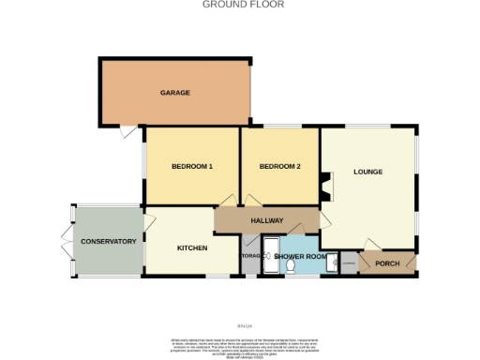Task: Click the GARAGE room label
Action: [175, 93]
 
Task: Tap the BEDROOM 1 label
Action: [192, 167]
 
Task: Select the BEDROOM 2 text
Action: [279, 167]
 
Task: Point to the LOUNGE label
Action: [367, 172]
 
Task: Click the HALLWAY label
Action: [266, 220]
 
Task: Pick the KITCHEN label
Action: [192, 247]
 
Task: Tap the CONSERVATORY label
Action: [109, 242]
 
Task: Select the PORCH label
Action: [387, 263]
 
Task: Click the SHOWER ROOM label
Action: [300, 256]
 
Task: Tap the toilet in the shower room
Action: [291, 266]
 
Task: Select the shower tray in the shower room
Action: [270, 255]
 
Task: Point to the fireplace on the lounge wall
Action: [325, 187]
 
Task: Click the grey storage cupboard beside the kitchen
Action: [250, 257]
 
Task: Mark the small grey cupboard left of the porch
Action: [348, 263]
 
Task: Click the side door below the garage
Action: [126, 135]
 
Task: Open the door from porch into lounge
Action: [373, 246]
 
